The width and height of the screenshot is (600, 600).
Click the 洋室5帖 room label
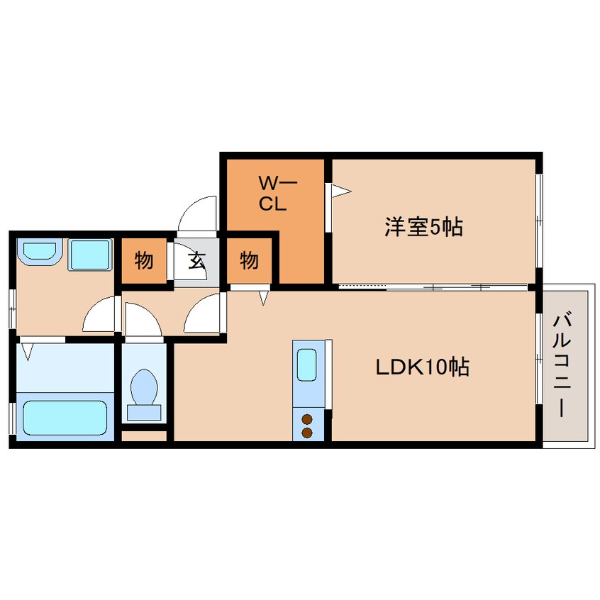(x=423, y=227)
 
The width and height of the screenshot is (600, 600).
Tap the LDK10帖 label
(x=423, y=367)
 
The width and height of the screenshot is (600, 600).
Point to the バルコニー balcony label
(x=562, y=365)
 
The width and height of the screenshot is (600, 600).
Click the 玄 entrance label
(x=197, y=260)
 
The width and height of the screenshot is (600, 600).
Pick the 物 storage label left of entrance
(x=144, y=260)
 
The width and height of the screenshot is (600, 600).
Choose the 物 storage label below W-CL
(x=249, y=260)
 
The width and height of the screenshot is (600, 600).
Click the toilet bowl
(x=144, y=386)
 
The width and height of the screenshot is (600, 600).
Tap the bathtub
(x=65, y=418)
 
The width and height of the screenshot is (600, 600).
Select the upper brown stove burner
(x=307, y=419)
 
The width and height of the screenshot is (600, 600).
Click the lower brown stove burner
(x=307, y=433)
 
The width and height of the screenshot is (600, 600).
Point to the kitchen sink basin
(x=307, y=365)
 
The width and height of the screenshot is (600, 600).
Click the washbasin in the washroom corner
(x=40, y=252)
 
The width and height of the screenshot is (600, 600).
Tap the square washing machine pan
(x=90, y=255)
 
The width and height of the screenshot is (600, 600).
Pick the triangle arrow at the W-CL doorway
(x=341, y=191)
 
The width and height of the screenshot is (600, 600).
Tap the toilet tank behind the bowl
(x=144, y=413)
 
